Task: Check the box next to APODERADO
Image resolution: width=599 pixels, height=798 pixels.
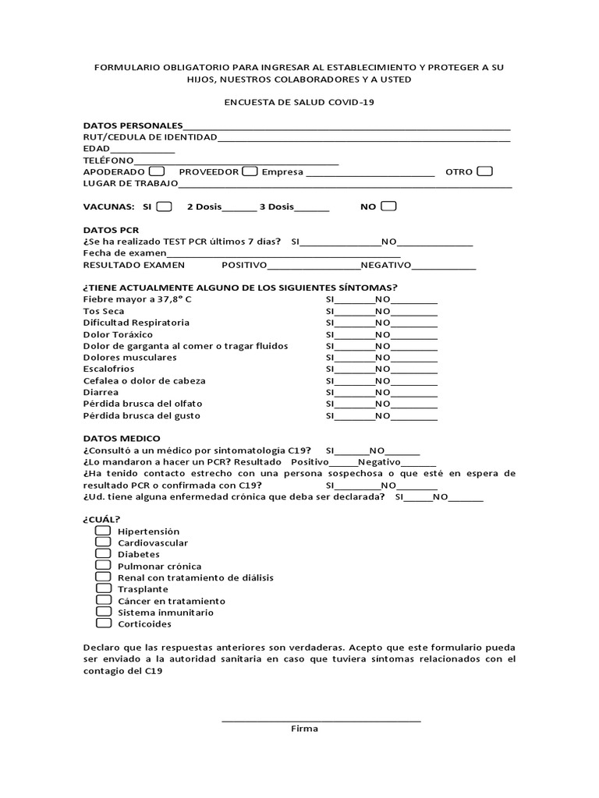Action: pos(156,171)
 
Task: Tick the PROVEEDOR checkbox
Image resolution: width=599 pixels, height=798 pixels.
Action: pos(250,171)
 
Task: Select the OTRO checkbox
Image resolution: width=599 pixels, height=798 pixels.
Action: pos(484,171)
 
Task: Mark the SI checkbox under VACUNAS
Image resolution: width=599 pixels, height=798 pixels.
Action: pos(164,207)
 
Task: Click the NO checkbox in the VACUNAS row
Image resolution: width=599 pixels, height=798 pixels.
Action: pos(388,207)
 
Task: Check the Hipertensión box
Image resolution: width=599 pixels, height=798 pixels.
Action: pos(104,531)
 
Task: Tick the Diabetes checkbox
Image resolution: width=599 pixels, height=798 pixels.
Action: pos(104,554)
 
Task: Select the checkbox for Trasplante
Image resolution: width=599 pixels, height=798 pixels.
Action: pos(104,589)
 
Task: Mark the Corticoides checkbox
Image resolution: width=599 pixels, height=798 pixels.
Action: pos(104,623)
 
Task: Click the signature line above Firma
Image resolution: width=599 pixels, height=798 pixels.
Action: pos(321,720)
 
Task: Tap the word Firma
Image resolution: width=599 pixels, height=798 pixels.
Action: pos(304,729)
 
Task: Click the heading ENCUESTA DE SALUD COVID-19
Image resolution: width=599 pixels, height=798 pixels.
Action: pos(299,102)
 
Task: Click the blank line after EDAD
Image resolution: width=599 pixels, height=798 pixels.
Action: pos(143,150)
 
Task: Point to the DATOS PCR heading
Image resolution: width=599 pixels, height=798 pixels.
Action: pos(111,231)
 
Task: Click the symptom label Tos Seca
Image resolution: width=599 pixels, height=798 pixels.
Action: pos(104,311)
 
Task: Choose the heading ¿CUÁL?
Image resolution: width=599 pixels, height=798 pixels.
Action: pos(102,519)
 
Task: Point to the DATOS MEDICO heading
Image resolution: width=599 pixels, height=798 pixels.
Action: pos(122,439)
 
